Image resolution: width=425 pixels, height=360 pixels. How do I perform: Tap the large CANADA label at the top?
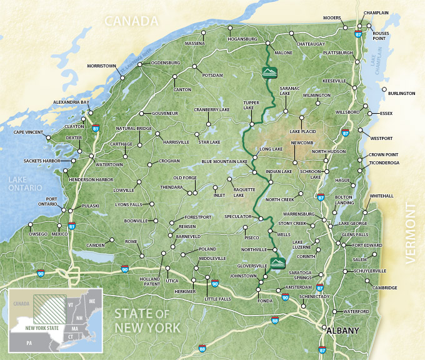131,21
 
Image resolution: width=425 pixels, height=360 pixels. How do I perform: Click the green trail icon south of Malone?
267,72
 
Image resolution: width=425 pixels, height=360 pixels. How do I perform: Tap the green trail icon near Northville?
277,261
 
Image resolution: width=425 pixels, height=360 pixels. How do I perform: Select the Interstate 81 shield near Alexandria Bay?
96,128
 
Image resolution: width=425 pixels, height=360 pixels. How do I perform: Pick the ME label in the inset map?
92,301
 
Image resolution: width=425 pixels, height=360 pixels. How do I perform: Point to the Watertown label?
109,164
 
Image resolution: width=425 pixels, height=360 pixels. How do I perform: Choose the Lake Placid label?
303,132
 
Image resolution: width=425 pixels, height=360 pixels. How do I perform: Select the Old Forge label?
186,178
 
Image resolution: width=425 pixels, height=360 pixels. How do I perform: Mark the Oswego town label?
38,234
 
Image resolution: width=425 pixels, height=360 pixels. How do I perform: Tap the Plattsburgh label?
339,53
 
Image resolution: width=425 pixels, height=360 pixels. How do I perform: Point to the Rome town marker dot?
142,255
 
